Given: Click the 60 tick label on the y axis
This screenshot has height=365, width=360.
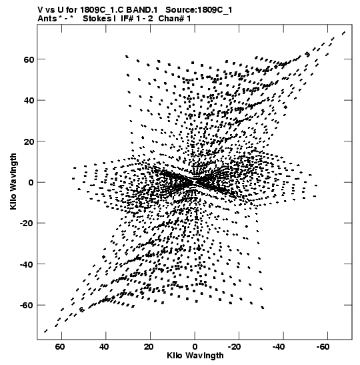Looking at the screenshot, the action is pyautogui.click(x=29, y=59).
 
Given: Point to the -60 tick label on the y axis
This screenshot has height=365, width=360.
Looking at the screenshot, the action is pyautogui.click(x=27, y=305).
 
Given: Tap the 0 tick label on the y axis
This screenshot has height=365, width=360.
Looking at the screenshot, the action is pyautogui.click(x=31, y=182).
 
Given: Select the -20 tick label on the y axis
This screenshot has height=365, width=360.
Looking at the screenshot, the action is pyautogui.click(x=27, y=224).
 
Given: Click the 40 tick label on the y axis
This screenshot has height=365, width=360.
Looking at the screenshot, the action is pyautogui.click(x=29, y=100).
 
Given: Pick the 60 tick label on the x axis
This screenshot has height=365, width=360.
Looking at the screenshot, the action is pyautogui.click(x=60, y=347).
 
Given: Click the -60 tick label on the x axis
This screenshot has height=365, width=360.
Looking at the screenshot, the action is pyautogui.click(x=323, y=347).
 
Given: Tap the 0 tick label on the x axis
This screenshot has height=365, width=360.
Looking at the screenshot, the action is pyautogui.click(x=195, y=347).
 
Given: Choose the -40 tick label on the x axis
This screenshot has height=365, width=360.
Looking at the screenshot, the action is pyautogui.click(x=279, y=347).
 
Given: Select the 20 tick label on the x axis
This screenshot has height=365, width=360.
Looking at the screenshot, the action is pyautogui.click(x=149, y=347).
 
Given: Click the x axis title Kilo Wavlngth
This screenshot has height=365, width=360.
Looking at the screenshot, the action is pyautogui.click(x=195, y=356).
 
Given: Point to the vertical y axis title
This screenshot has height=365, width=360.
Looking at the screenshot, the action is pyautogui.click(x=13, y=181).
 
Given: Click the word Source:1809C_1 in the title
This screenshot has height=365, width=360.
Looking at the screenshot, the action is pyautogui.click(x=199, y=10).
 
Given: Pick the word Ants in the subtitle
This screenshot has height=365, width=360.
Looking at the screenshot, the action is pyautogui.click(x=47, y=19).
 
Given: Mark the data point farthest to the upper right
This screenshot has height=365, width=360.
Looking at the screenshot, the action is pyautogui.click(x=344, y=33).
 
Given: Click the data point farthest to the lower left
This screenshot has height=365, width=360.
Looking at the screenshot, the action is pyautogui.click(x=45, y=331).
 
